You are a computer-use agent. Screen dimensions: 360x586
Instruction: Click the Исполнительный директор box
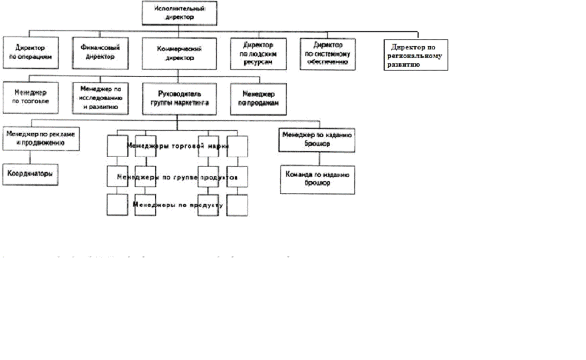(x=178, y=13)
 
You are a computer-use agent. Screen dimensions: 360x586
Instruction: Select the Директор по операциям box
(x=31, y=52)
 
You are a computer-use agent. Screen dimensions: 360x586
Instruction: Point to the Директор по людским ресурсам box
(x=259, y=53)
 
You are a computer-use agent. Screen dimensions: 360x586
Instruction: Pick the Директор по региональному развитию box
(x=416, y=55)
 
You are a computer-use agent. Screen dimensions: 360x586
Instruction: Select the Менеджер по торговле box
(x=31, y=98)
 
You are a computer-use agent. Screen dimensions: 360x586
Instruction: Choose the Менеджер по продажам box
(x=258, y=98)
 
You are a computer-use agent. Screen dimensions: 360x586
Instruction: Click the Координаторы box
(x=31, y=174)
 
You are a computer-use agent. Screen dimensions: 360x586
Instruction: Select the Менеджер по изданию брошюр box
(x=317, y=139)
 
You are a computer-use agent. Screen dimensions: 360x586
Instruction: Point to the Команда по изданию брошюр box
(x=317, y=179)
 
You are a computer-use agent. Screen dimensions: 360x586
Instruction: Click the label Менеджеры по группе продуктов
(x=177, y=177)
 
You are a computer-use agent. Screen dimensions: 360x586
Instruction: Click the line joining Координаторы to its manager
(x=30, y=157)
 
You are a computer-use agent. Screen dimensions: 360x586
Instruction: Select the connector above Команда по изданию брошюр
(x=317, y=158)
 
